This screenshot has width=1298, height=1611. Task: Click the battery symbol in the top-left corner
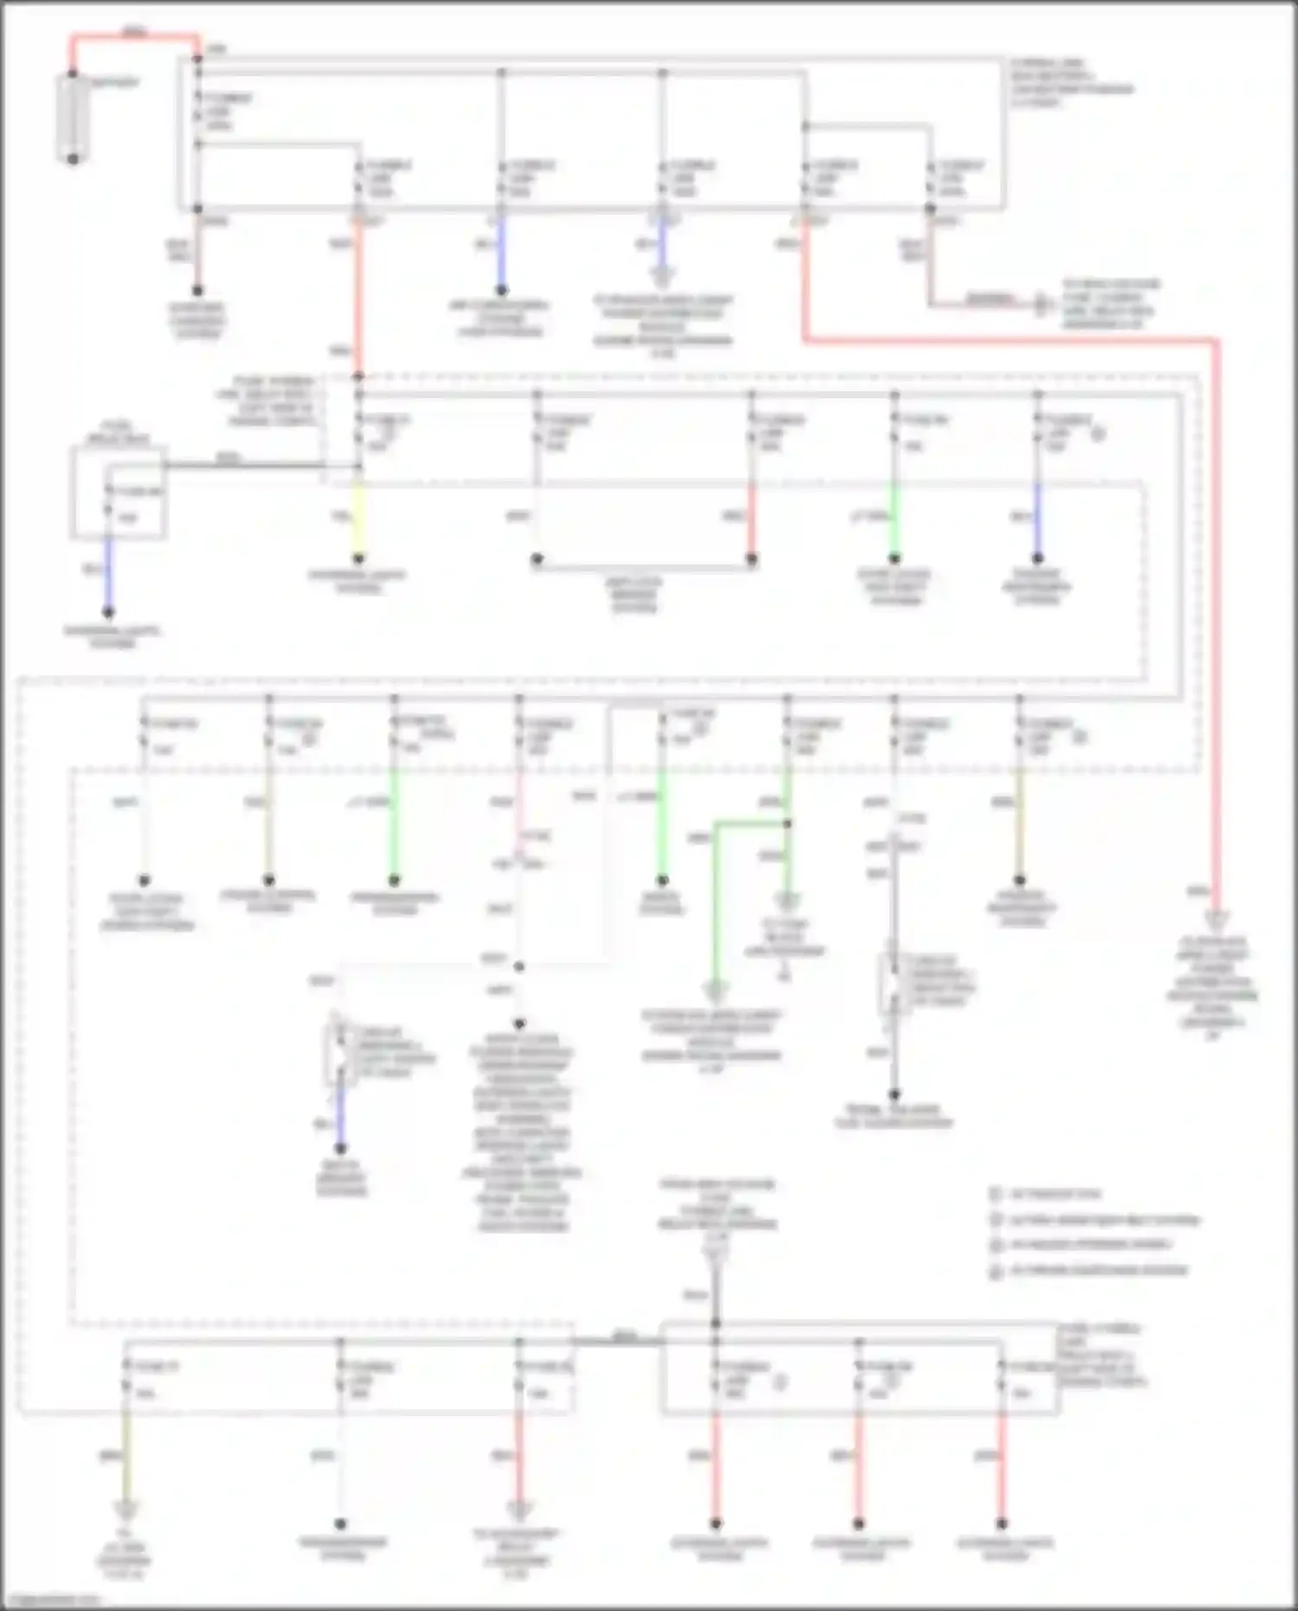coord(73,117)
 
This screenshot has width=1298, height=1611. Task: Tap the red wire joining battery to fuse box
coord(134,37)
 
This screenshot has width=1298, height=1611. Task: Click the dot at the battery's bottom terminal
coord(74,158)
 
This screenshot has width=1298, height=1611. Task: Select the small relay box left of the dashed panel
coord(119,493)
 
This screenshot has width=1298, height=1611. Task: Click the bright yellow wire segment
coord(358,519)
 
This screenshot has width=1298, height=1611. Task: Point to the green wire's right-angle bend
coord(715,825)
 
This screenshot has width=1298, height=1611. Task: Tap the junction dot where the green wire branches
coord(787,824)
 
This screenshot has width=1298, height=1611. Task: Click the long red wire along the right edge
coord(1215,606)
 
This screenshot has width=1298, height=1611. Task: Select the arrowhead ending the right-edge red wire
coord(1216,920)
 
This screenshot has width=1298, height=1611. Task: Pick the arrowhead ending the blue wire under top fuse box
coord(662,277)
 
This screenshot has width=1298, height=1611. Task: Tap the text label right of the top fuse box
coord(1071,83)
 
